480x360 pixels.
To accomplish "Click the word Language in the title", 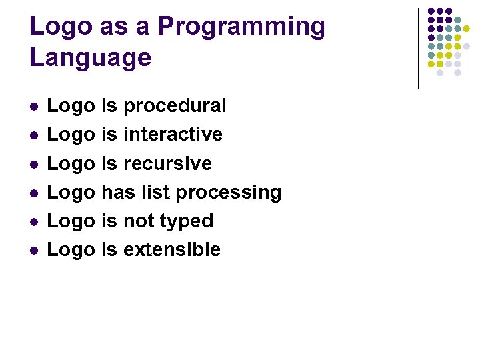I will (x=90, y=57).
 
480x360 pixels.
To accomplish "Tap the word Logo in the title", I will (x=60, y=27).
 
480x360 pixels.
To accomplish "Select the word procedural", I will (x=175, y=106).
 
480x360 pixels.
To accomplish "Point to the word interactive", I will (x=173, y=134).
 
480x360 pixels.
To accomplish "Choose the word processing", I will (x=229, y=193).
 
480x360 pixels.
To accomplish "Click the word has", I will (x=118, y=192).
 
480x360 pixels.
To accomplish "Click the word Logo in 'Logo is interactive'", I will (x=71, y=134).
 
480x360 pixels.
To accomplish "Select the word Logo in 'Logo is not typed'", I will (x=71, y=221).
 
